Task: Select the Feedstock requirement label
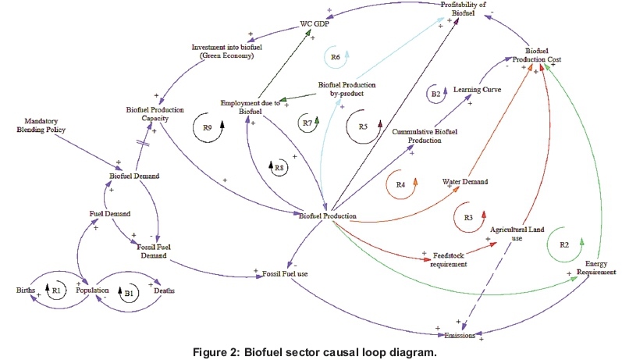[444, 259]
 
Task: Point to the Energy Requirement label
[599, 268]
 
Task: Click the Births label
[26, 290]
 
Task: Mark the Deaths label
[163, 290]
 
